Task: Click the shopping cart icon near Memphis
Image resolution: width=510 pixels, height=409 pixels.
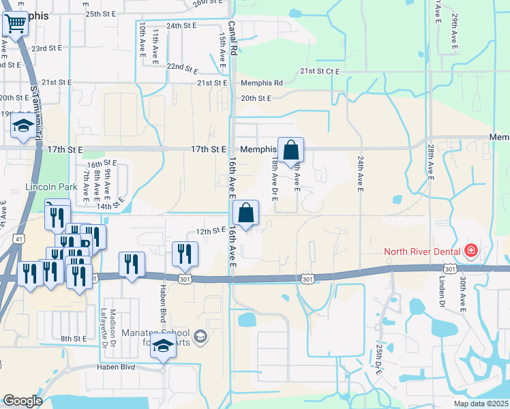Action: [x=15, y=25]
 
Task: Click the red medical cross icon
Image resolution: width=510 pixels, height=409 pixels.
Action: [x=470, y=252]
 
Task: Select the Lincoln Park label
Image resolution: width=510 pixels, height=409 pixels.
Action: [x=49, y=187]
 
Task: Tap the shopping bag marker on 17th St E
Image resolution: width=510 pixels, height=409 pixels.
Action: [x=290, y=149]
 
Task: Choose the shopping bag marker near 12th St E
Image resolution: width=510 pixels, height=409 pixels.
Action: [x=245, y=212]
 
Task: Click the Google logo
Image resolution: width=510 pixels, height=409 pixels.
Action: [x=22, y=401]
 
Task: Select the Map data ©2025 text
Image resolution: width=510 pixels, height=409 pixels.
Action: [x=481, y=404]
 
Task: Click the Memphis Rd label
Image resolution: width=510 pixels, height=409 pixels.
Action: [x=261, y=83]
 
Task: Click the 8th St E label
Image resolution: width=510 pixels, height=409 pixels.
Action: [x=73, y=338]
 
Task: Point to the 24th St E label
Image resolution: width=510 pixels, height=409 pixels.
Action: [x=181, y=25]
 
